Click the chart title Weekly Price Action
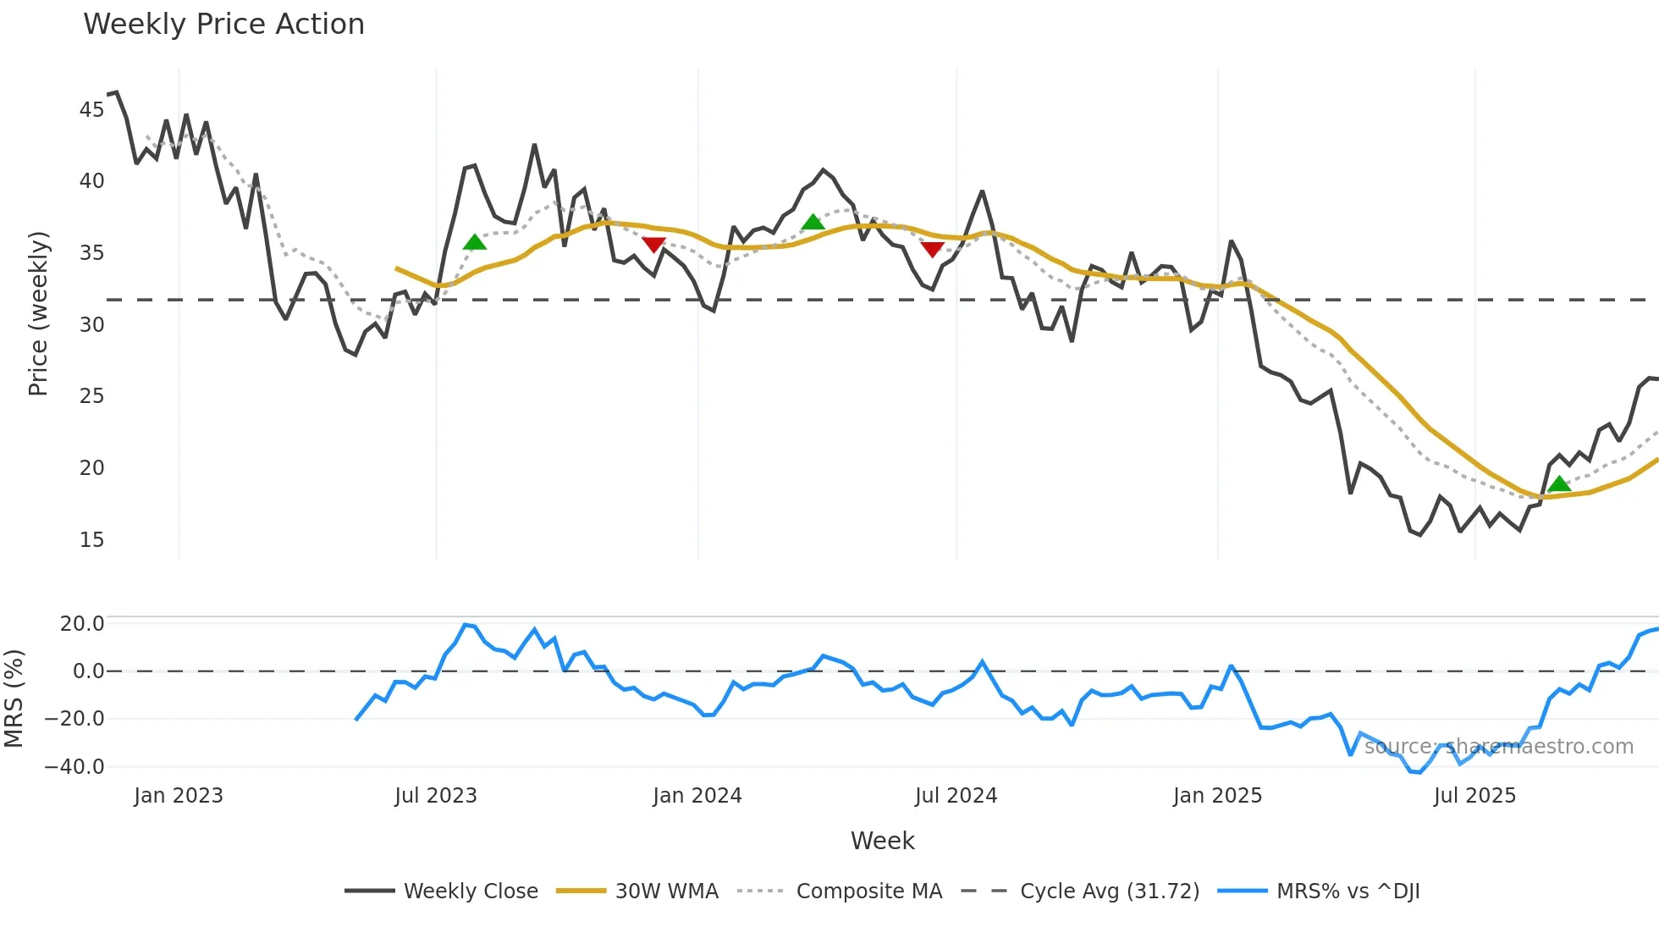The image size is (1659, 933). pyautogui.click(x=223, y=24)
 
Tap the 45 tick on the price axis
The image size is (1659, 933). pyautogui.click(x=91, y=109)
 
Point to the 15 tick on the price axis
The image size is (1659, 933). pyautogui.click(x=91, y=539)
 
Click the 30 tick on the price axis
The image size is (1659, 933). pyautogui.click(x=91, y=324)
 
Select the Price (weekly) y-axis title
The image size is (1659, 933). pyautogui.click(x=38, y=313)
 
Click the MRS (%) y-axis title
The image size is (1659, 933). pyautogui.click(x=14, y=698)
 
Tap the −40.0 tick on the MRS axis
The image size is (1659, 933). pyautogui.click(x=74, y=767)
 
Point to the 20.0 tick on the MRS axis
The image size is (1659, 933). pyautogui.click(x=81, y=624)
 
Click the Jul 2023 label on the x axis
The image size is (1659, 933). pyautogui.click(x=436, y=796)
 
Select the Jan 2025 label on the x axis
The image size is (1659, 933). pyautogui.click(x=1217, y=796)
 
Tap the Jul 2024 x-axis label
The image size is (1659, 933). pyautogui.click(x=956, y=796)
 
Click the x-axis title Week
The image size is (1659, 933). pyautogui.click(x=882, y=841)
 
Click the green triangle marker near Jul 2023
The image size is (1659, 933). pyautogui.click(x=475, y=243)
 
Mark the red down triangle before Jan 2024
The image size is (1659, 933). pyautogui.click(x=653, y=245)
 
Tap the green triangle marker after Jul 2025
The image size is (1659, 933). pyautogui.click(x=1559, y=484)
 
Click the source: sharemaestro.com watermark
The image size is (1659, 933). pyautogui.click(x=1498, y=747)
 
